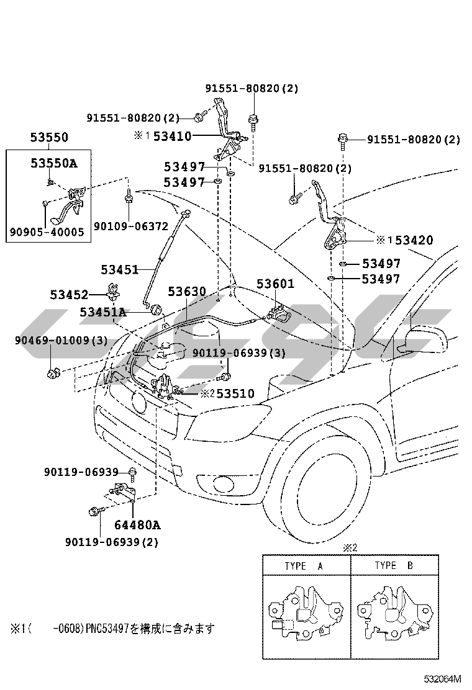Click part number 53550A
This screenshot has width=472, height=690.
point(54,164)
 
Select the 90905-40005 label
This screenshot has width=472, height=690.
point(47,232)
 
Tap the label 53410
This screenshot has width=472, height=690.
point(173,136)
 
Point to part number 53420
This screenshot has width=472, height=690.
point(414,240)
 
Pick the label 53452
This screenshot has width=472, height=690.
point(70,294)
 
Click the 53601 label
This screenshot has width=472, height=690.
point(276,284)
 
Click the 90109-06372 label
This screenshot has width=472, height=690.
point(122,227)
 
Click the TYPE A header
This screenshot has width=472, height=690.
point(304,566)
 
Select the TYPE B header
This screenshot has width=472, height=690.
point(394,566)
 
